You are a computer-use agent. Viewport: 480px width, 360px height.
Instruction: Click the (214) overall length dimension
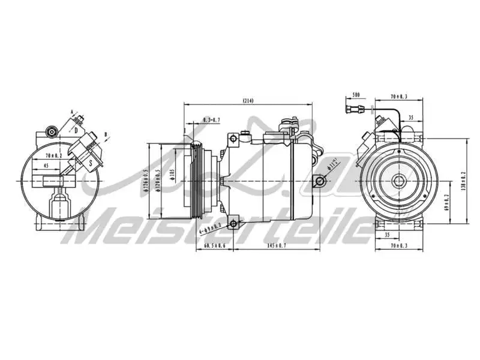click(x=248, y=100)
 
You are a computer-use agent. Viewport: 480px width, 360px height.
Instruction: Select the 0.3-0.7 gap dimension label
click(x=211, y=121)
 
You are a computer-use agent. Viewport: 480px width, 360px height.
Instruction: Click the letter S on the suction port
click(x=91, y=163)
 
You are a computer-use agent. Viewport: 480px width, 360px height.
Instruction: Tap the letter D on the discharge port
click(x=76, y=129)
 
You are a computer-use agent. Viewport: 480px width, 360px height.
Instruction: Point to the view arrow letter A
click(x=71, y=112)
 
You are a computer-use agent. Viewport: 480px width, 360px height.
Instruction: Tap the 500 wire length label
click(x=356, y=95)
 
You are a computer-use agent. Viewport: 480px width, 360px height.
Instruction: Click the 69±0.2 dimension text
click(x=446, y=203)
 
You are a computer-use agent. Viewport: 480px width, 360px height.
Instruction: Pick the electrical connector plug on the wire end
click(x=355, y=109)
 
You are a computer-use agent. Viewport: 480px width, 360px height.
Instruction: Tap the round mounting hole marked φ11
click(x=321, y=180)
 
